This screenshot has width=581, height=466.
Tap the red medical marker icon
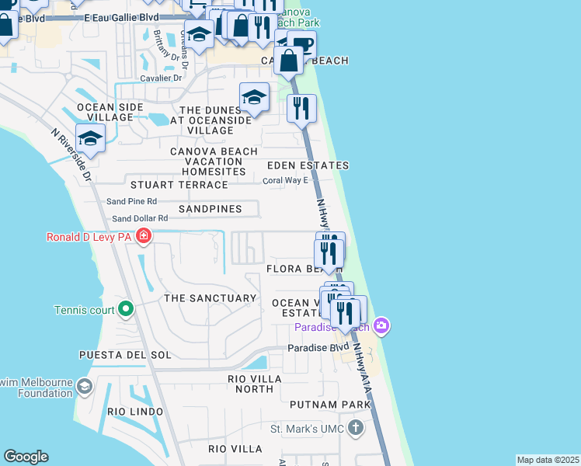[143, 236]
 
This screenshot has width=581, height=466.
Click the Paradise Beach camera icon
[381, 325]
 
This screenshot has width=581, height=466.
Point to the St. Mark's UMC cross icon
[355, 428]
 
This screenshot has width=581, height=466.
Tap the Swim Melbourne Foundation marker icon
[84, 385]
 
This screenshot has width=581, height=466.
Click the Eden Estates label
[308, 165]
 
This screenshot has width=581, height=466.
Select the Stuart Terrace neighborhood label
[179, 185]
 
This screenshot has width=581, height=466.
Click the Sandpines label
[210, 209]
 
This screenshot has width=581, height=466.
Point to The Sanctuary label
[210, 298]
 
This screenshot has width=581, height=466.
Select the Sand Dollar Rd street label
[140, 219]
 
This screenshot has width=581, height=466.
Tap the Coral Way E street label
[286, 180]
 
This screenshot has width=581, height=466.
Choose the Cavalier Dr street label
[161, 78]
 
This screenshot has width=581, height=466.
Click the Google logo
[26, 457]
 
